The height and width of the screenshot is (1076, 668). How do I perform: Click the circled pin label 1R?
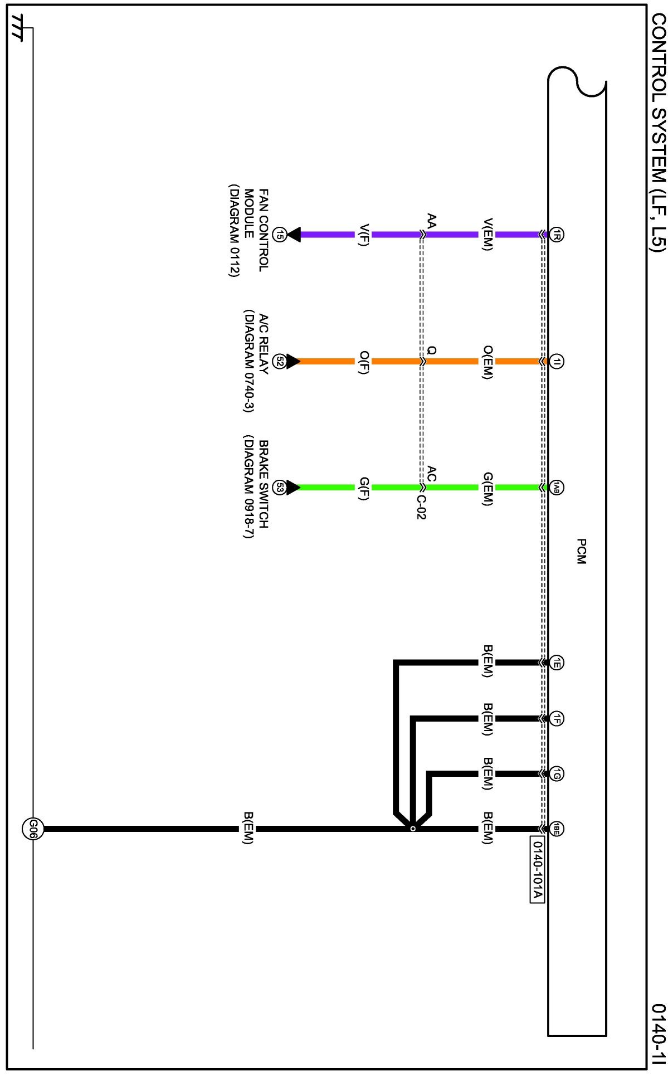[x=557, y=235]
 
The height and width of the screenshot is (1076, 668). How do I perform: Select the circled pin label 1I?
[x=557, y=361]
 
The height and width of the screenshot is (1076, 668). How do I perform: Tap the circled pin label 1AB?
[x=557, y=488]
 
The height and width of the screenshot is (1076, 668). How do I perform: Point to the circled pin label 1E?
[x=557, y=663]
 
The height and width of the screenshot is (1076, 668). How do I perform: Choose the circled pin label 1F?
[x=557, y=719]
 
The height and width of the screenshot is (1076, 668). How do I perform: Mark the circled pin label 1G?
[x=557, y=773]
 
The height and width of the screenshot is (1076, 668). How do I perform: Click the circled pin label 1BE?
[x=557, y=829]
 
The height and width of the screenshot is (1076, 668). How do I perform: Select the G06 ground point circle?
[x=32, y=829]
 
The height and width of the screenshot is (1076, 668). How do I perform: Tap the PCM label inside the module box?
[x=581, y=551]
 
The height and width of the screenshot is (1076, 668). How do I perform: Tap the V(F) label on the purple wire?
[x=363, y=235]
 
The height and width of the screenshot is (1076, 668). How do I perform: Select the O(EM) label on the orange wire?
[x=487, y=362]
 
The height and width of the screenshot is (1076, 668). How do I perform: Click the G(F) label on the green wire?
[x=363, y=488]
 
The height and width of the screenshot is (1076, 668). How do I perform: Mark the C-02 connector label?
[x=421, y=507]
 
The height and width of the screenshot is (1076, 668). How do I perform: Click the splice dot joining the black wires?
[x=413, y=829]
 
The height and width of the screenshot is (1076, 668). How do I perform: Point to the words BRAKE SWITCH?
[x=264, y=484]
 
